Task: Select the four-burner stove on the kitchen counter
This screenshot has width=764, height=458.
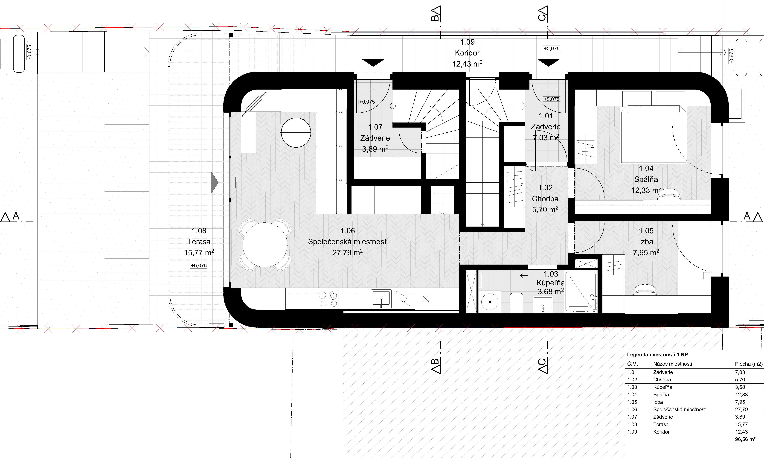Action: [328, 299]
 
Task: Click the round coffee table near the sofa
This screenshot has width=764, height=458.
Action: [296, 133]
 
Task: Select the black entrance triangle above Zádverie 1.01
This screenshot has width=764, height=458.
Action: [548, 63]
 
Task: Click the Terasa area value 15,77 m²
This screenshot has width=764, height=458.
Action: [199, 252]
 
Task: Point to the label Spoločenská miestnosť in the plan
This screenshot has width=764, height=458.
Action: [347, 242]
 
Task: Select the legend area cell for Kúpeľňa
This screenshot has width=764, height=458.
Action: [740, 387]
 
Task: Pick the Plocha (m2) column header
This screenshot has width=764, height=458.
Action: [749, 364]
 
